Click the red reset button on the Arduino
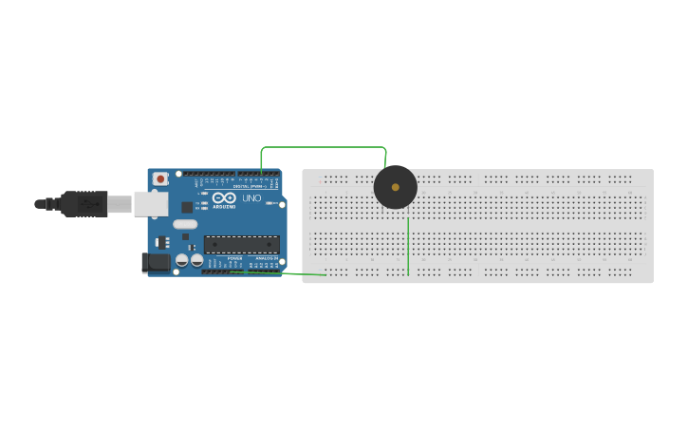point(160,178)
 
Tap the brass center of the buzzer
point(396,187)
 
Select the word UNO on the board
point(251,198)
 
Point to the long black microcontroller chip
point(242,244)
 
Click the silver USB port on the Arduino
point(150,202)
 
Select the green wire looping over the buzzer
point(323,147)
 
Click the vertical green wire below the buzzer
point(408,247)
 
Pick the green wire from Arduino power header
point(285,273)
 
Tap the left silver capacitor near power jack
point(181,260)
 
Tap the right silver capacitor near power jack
point(196,260)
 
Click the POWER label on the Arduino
point(234,258)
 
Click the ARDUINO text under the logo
point(224,206)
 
